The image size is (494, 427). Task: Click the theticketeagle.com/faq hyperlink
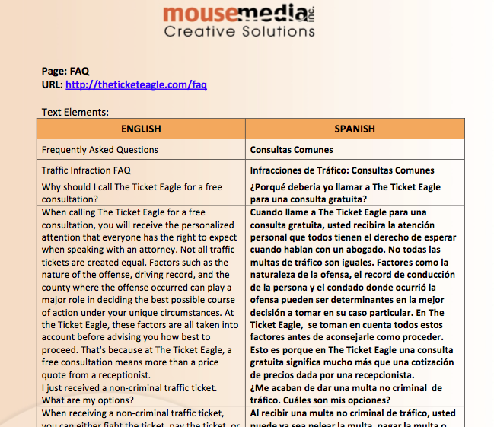click(x=136, y=84)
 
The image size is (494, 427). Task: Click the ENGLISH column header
click(x=141, y=129)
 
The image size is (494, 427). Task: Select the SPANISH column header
click(x=355, y=129)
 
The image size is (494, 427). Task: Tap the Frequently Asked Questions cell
click(x=100, y=150)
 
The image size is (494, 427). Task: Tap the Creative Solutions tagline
click(x=239, y=32)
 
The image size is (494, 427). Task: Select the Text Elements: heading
click(x=75, y=111)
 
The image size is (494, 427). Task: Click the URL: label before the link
click(x=52, y=84)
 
